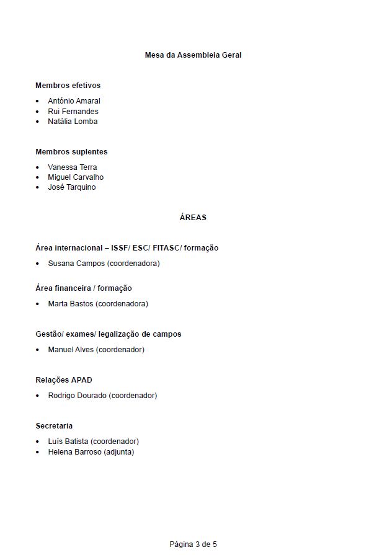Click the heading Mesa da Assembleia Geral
(193, 55)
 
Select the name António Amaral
(74, 100)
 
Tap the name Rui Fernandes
(73, 111)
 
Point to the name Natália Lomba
(73, 122)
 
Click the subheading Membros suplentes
(71, 151)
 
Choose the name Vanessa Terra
(73, 167)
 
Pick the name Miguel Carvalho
(76, 177)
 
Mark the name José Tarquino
(72, 187)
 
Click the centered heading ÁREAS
(193, 218)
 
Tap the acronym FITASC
(166, 248)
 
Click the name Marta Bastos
(71, 304)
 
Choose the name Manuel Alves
(71, 350)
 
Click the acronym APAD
(82, 380)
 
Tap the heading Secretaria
(54, 426)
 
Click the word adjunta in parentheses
(118, 452)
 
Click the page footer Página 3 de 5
(193, 544)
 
